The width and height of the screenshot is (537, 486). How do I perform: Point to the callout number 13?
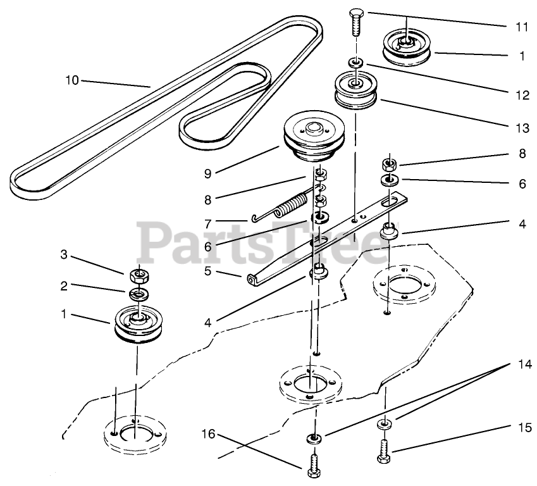(x=521, y=128)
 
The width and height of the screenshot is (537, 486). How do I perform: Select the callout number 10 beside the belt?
(x=72, y=80)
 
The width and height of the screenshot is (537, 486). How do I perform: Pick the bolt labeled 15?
(x=385, y=451)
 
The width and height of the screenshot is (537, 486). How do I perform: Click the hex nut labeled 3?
(x=138, y=276)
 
